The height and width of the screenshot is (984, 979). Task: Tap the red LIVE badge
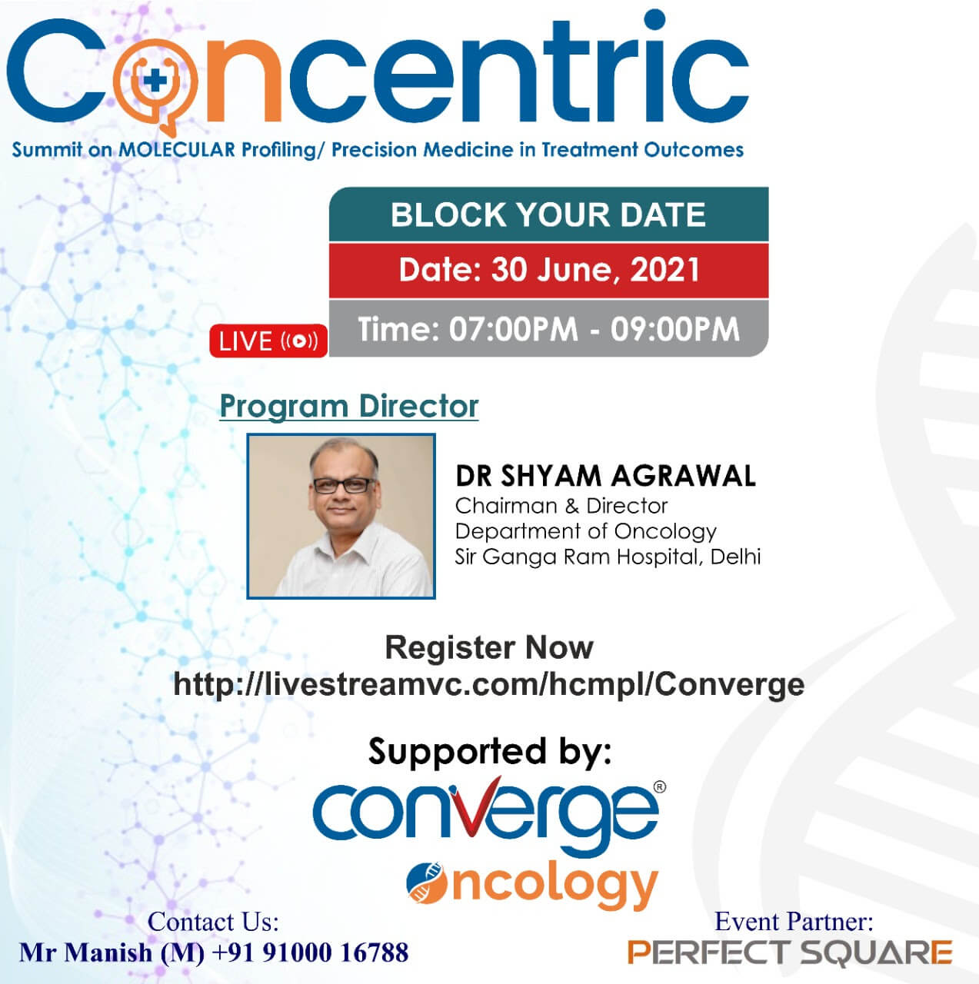268,341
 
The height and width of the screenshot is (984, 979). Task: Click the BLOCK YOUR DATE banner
548,214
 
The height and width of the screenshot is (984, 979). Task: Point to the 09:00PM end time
674,329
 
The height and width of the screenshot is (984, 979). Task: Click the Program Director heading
349,407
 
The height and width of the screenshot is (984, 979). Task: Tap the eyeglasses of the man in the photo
341,485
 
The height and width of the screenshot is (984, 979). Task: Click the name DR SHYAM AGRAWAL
605,476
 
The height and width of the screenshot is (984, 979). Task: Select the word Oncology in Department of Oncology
665,532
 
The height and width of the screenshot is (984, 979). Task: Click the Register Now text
489,647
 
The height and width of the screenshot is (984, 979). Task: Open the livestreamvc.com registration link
488,685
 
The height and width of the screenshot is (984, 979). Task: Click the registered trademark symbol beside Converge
660,787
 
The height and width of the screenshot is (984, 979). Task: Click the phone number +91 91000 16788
310,952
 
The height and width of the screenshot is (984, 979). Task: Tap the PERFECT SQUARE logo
790,952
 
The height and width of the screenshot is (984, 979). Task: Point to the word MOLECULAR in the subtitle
177,150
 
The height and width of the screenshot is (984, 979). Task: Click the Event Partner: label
794,921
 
